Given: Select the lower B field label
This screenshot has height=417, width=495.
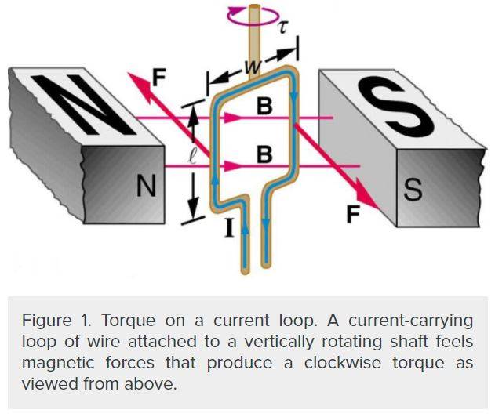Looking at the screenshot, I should click(265, 154).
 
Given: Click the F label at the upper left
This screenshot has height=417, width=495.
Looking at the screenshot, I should click(159, 78).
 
